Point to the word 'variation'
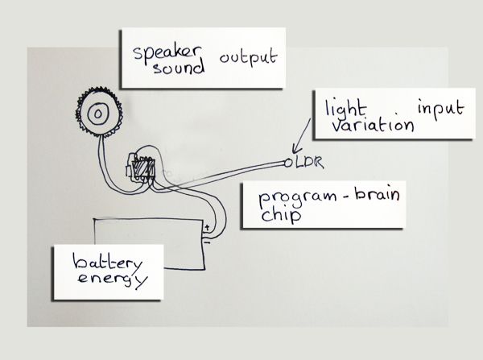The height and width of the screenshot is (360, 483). (x=361, y=126)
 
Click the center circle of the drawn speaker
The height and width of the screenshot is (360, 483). (x=97, y=114)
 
